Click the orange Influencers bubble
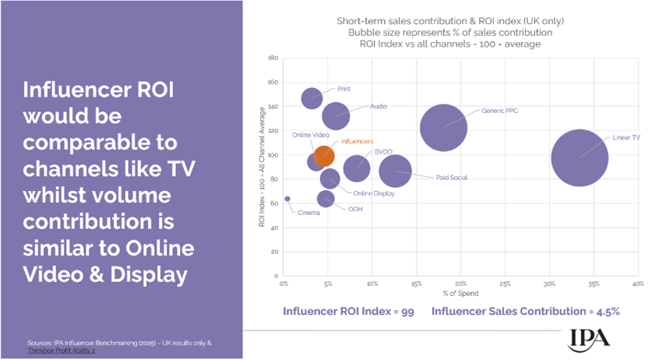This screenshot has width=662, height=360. pos(325,154)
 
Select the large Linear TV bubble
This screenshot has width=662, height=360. pos(579,157)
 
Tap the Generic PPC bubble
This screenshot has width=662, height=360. pos(443,128)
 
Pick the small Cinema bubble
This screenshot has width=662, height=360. pos(287,199)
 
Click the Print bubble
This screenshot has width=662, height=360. pos(312,97)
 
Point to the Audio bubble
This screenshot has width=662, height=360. pos(336,115)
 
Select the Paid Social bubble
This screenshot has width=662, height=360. pos(396,171)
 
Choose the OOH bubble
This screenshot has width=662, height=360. pos(326,199)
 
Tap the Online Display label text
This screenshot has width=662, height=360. pos(373,193)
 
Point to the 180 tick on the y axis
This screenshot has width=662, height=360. pos(273,58)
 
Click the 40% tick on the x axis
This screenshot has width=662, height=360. pos(637,284)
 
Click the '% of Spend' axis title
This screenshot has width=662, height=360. pos(461,294)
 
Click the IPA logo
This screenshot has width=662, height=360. pos(589,337)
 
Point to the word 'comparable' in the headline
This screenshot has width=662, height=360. pos(100,144)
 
